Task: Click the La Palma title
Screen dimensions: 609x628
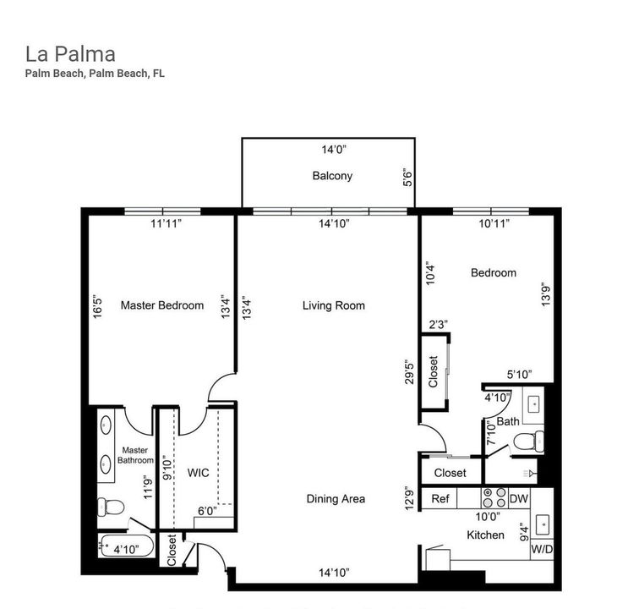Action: tap(70, 54)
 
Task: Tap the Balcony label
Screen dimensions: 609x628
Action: tap(331, 177)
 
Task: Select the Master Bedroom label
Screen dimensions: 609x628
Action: tap(161, 305)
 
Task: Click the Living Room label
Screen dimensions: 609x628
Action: tap(333, 305)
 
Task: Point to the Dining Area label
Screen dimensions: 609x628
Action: tap(336, 499)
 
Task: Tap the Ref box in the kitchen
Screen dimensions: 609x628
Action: tap(440, 499)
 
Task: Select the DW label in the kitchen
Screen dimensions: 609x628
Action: tap(518, 499)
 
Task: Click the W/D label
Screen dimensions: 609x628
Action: tap(541, 549)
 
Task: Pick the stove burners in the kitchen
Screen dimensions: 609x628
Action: tap(494, 499)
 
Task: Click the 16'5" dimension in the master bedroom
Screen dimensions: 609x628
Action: tap(99, 305)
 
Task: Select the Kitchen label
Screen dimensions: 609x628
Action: tap(485, 535)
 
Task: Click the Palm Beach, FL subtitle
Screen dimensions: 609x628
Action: tap(95, 74)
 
